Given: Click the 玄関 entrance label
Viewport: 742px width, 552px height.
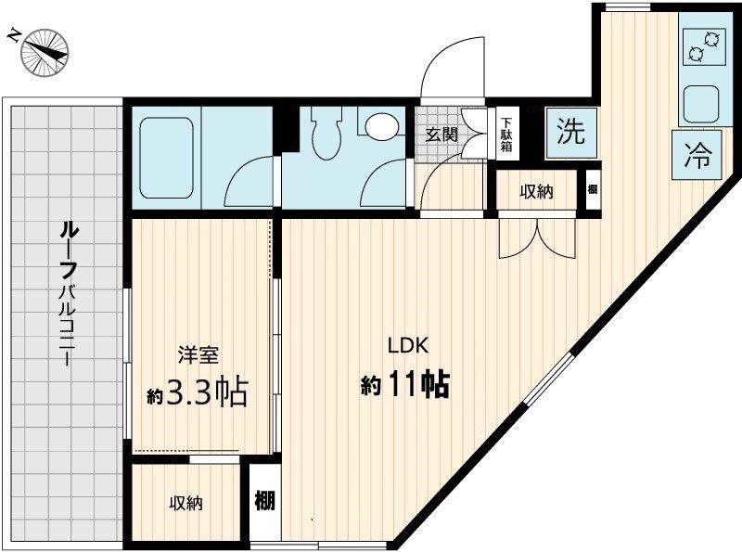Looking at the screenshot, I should click(441, 133).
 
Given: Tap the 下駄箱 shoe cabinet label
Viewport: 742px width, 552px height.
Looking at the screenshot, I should click(506, 134).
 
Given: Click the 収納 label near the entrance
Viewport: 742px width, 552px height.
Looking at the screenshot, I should click(536, 192).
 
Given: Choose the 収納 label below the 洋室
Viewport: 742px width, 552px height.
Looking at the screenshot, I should click(185, 504).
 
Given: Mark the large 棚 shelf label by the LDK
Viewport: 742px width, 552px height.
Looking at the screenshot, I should click(264, 502).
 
